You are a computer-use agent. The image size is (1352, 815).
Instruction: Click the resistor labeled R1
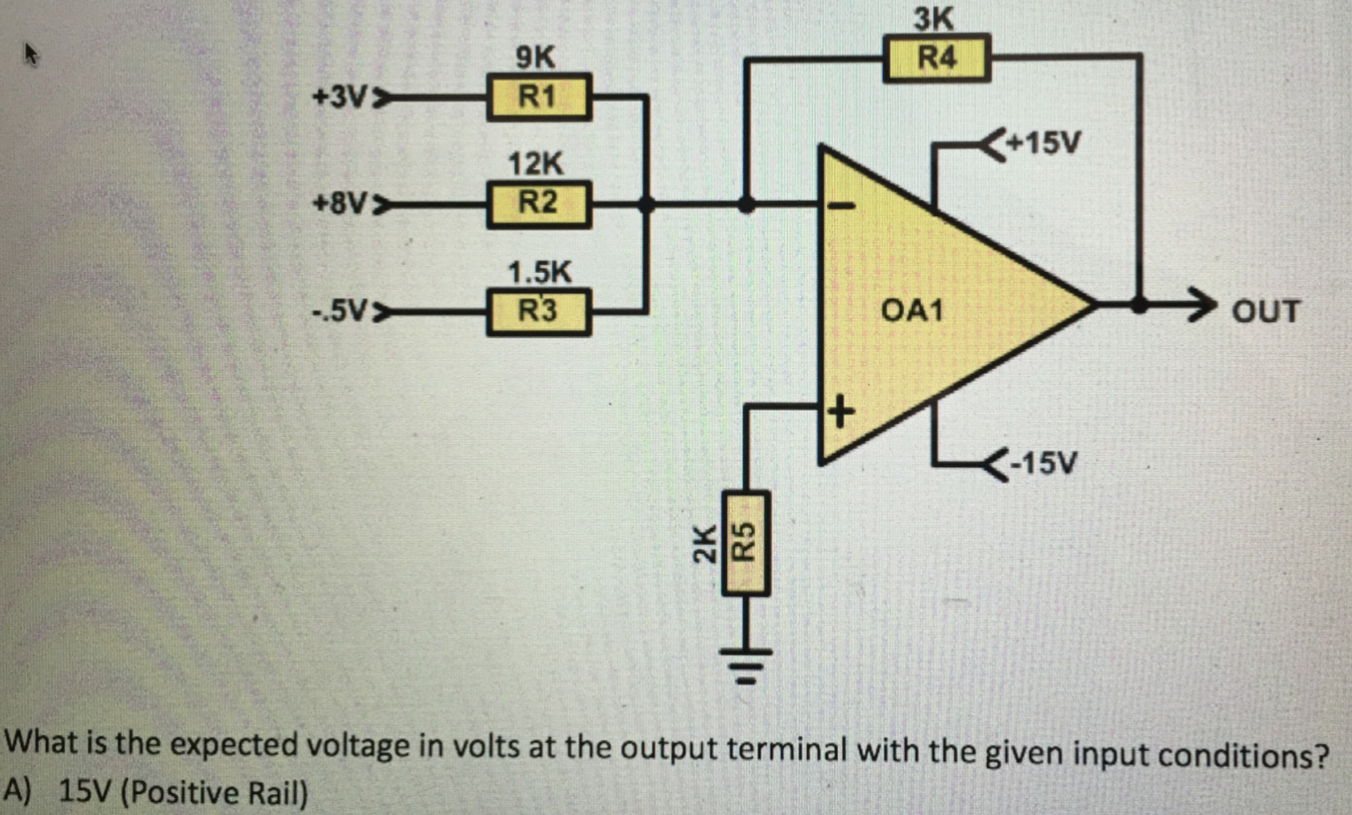point(539,97)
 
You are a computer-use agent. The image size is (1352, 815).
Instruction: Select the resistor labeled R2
point(539,204)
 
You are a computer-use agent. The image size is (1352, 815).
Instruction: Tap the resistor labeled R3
point(539,312)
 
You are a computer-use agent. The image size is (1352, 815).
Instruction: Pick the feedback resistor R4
point(936,59)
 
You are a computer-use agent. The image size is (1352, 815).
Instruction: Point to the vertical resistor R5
point(746,544)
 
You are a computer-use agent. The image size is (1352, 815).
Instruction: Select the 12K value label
point(535,164)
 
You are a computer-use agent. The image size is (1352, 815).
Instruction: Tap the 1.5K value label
point(539,272)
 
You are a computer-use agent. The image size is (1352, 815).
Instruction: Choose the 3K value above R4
point(933,18)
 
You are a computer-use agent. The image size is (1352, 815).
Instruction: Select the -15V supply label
point(1044,462)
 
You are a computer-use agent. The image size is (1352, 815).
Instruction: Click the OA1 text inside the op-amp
point(911,309)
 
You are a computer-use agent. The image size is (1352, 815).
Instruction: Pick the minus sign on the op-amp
point(842,206)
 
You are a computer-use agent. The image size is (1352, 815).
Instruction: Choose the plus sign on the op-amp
point(841,411)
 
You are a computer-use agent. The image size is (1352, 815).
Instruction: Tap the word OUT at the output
point(1265,311)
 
